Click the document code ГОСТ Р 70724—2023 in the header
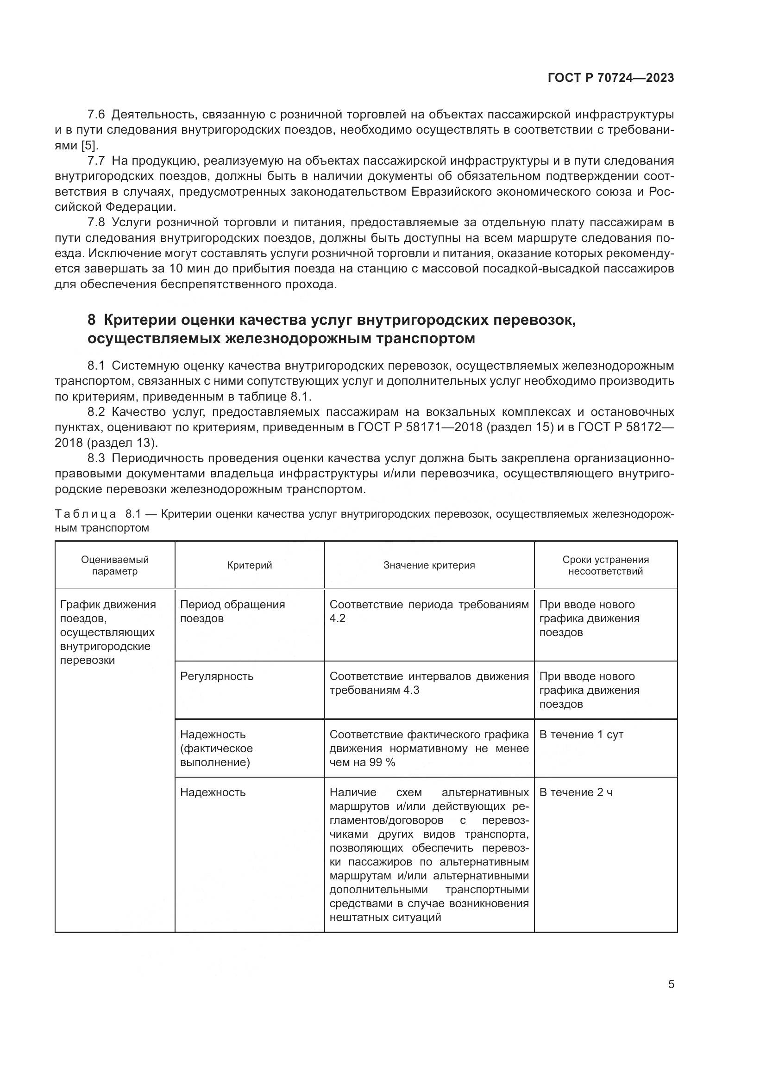coord(611,78)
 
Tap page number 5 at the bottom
coord(671,984)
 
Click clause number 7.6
coord(96,115)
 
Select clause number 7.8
coord(96,222)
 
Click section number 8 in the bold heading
coord(92,320)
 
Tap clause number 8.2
coord(96,412)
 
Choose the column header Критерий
coord(250,565)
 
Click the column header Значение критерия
coord(429,565)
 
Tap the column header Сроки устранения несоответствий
coord(605,565)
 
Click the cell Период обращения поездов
coord(232,611)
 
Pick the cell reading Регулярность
coord(216,676)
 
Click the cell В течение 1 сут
coord(581,734)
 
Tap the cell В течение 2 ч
coord(576,792)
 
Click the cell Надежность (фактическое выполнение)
coord(216,748)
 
